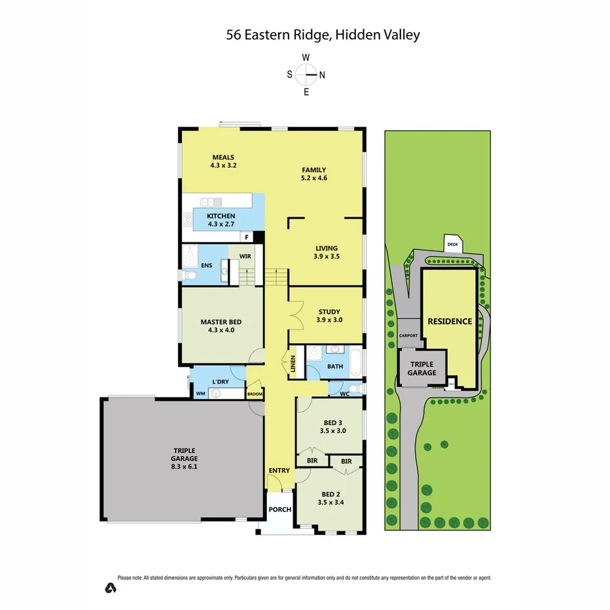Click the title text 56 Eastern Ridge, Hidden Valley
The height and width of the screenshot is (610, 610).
323,35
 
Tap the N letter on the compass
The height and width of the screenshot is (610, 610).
322,75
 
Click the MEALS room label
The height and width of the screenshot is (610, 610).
223,157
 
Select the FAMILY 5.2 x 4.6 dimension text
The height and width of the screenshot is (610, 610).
314,178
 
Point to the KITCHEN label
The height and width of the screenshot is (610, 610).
221,216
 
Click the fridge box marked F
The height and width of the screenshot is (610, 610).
247,238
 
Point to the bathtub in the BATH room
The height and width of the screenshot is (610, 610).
355,362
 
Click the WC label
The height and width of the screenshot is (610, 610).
344,393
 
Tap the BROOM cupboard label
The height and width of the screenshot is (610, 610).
254,395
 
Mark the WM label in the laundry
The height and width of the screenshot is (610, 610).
200,394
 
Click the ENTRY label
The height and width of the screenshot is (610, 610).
279,471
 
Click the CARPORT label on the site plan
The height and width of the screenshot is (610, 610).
408,335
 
